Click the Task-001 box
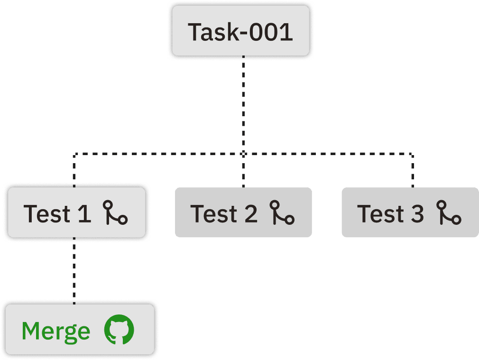pyautogui.click(x=240, y=31)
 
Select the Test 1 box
pyautogui.click(x=75, y=213)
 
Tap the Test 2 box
pyautogui.click(x=243, y=212)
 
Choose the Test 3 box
pyautogui.click(x=410, y=212)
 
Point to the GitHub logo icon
pyautogui.click(x=119, y=330)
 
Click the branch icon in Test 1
pyautogui.click(x=115, y=213)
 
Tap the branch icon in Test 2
pyautogui.click(x=282, y=213)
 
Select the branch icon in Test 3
pyautogui.click(x=449, y=213)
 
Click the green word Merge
pyautogui.click(x=56, y=331)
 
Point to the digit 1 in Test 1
pyautogui.click(x=84, y=213)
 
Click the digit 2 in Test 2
pyautogui.click(x=251, y=213)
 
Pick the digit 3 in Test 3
pyautogui.click(x=417, y=213)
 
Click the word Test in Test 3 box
pyautogui.click(x=379, y=213)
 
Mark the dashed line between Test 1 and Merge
pyautogui.click(x=74, y=270)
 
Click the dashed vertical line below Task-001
pyautogui.click(x=243, y=104)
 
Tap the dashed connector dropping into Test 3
pyautogui.click(x=412, y=171)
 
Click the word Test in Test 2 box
pyautogui.click(x=213, y=213)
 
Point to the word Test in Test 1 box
pyautogui.click(x=46, y=213)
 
